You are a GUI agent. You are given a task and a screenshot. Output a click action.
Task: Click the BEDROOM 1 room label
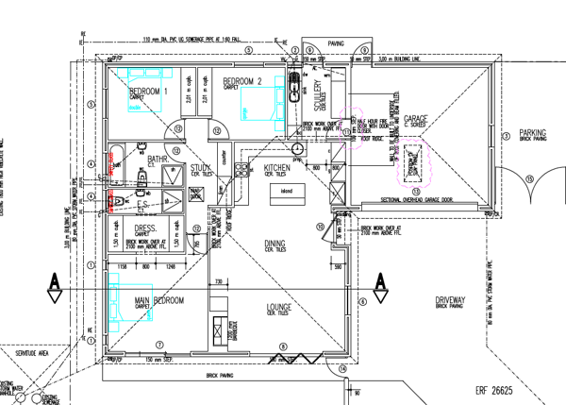pyautogui.click(x=146, y=91)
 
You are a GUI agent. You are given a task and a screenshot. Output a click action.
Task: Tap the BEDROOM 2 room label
pyautogui.click(x=241, y=82)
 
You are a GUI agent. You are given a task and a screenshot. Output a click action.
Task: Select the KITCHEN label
pyautogui.click(x=276, y=167)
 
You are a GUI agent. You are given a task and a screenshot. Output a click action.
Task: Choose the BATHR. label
pyautogui.click(x=158, y=160)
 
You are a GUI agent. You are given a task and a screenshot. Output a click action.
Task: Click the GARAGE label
pyautogui.click(x=416, y=119)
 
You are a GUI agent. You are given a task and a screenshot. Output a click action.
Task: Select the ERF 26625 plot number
pyautogui.click(x=493, y=389)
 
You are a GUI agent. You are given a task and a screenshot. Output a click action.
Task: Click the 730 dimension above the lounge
pyautogui.click(x=218, y=282)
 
